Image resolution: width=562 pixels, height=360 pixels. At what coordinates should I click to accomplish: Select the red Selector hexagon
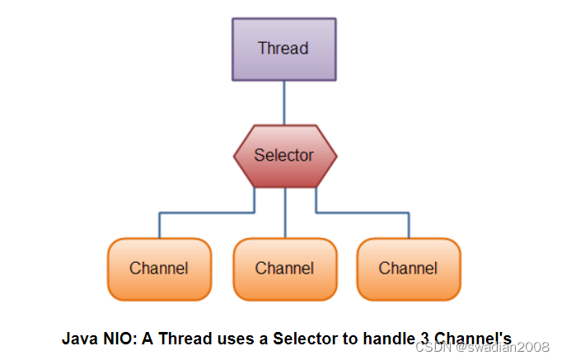(284, 155)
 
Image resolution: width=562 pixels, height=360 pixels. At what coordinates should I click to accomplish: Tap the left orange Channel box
(159, 269)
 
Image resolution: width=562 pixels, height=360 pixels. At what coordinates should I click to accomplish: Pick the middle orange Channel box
(284, 269)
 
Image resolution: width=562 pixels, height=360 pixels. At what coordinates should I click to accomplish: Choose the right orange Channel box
(408, 269)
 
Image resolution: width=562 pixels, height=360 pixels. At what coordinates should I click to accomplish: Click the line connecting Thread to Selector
(284, 102)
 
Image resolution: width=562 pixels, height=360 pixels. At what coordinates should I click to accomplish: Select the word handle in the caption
(382, 338)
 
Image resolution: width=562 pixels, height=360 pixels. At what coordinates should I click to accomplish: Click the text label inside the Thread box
(283, 48)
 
